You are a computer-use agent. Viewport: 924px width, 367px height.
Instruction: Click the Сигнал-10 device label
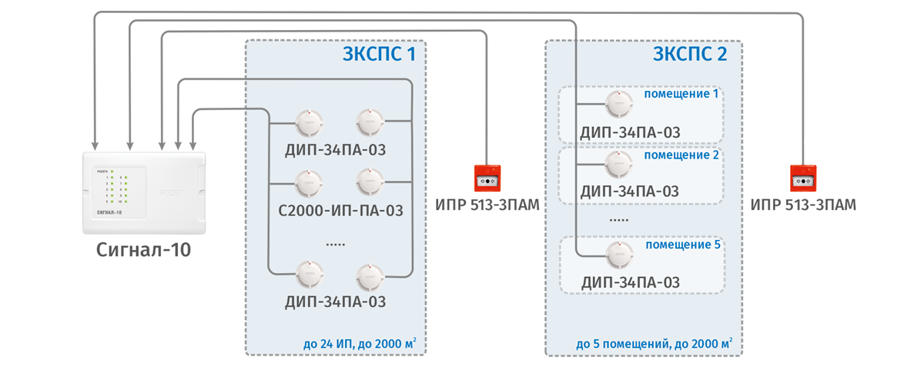144,249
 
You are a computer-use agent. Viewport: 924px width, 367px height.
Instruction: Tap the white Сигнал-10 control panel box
145,192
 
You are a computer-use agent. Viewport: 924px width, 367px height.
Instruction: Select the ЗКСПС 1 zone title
383,55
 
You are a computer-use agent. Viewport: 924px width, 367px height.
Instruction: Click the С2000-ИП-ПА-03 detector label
341,209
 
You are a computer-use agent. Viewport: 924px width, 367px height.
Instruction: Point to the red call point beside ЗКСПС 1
487,178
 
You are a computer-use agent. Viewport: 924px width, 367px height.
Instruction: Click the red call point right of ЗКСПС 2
803,178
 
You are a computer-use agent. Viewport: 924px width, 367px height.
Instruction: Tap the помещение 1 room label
681,94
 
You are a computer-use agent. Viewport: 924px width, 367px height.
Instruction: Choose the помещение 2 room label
681,155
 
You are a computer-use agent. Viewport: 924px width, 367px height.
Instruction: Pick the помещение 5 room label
682,245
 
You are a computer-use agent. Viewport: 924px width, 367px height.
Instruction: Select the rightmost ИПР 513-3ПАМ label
804,205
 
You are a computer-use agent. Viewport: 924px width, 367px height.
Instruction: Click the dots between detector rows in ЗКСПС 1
335,243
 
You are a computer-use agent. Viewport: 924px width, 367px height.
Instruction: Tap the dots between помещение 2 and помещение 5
619,219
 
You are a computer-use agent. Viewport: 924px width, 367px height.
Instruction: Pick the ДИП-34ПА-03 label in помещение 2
630,190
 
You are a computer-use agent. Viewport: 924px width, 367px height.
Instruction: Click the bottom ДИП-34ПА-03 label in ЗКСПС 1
335,302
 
